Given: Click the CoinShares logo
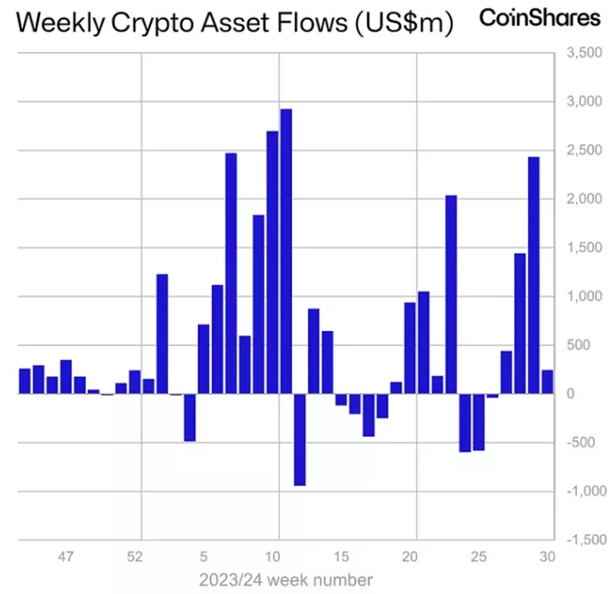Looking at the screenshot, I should coord(539,18).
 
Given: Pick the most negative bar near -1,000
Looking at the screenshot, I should coord(299,439).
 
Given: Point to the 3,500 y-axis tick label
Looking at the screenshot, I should coord(582,54).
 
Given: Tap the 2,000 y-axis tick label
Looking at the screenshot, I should coord(582,199).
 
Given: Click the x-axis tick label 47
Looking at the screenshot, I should coord(66,556).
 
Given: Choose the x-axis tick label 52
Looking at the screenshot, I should coord(134,556).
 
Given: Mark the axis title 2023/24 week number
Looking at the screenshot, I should coord(286,578).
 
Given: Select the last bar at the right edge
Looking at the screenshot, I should coord(547,382).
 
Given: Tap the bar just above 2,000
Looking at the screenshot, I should coord(451,295).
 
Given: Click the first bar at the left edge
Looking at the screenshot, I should coord(24,381).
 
